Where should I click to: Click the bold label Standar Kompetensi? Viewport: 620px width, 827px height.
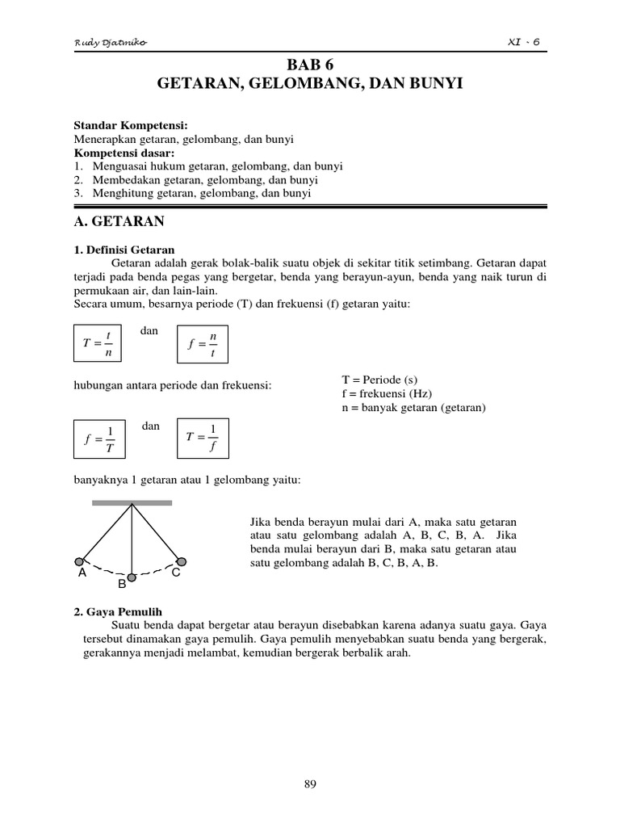click(x=130, y=126)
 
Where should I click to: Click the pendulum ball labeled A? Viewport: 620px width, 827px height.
click(x=81, y=562)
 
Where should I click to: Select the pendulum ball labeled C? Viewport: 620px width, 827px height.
click(x=182, y=562)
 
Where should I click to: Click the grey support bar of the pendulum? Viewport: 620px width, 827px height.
click(x=132, y=502)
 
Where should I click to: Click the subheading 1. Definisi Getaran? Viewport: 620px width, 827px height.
click(x=124, y=250)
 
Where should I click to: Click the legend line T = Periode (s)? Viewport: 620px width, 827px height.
click(x=380, y=380)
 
